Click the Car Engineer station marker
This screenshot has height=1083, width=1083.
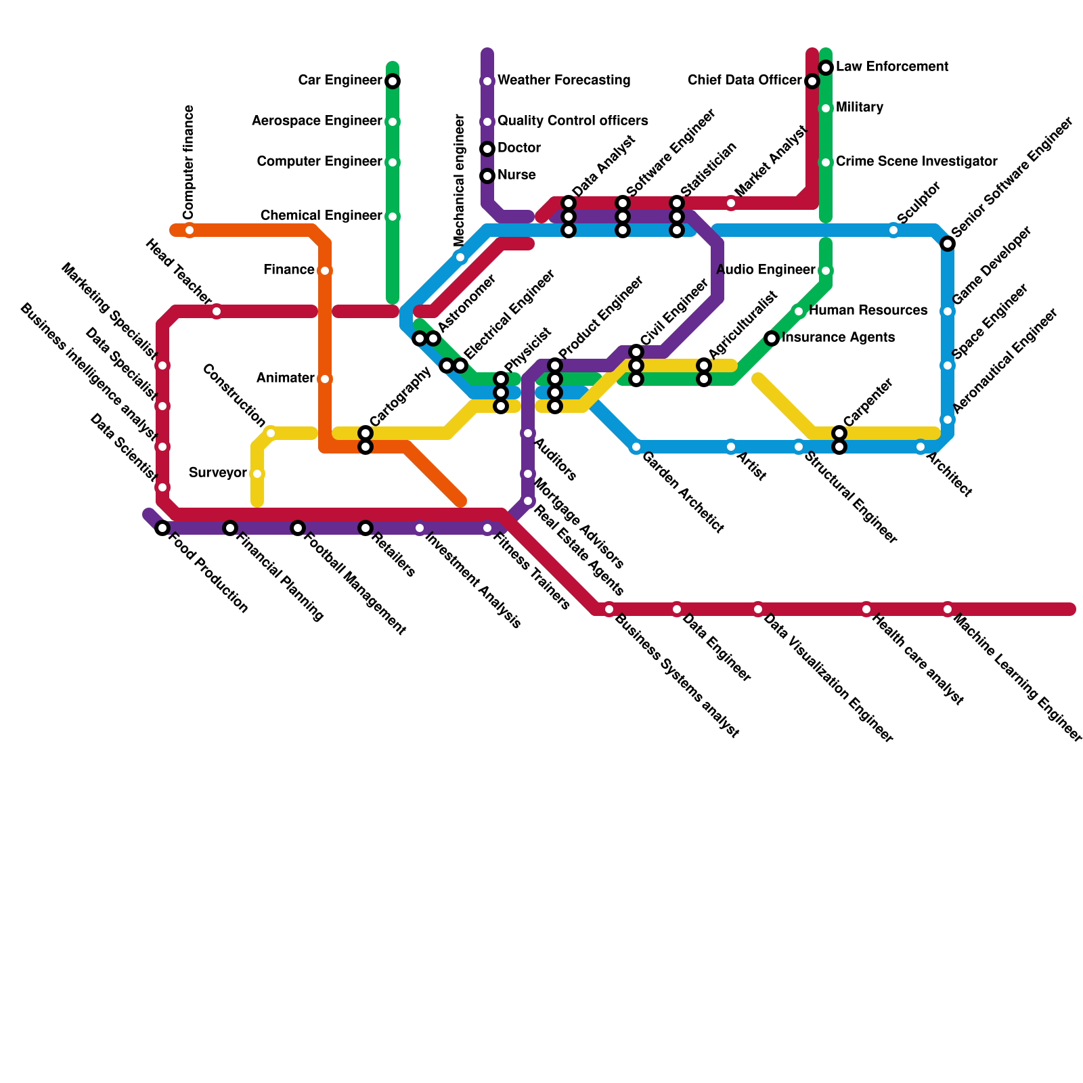coord(393,81)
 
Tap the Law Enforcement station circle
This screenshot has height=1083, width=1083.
coord(826,68)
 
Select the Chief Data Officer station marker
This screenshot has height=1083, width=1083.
coord(812,81)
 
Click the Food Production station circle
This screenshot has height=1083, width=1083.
coord(162,528)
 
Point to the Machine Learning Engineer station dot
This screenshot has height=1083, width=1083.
coord(948,609)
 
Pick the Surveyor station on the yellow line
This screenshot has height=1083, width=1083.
coord(257,474)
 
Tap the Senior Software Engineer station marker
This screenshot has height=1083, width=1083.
coord(948,244)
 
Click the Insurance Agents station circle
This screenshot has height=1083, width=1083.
coord(772,338)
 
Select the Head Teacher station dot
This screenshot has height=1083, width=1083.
coord(217,311)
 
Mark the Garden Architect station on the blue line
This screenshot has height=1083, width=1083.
coord(636,447)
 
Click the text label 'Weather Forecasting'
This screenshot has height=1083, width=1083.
coord(564,81)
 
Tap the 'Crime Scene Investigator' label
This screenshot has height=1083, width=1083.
coord(916,162)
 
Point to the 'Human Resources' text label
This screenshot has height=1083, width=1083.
coord(868,311)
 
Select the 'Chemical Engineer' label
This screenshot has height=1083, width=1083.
coord(321,216)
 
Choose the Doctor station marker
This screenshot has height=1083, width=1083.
coord(487,149)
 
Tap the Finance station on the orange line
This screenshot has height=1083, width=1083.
coord(325,271)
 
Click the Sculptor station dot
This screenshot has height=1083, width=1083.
coord(893,230)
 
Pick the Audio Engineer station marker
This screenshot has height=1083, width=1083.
coord(826,271)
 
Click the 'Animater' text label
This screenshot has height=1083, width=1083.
coord(285,378)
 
